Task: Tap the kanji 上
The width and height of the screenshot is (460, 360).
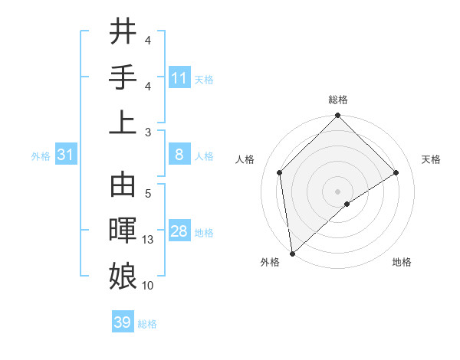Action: tap(123, 123)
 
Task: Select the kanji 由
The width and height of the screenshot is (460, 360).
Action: tap(123, 186)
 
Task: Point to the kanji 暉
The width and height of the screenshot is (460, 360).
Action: tap(123, 231)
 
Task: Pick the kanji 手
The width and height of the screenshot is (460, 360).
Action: tap(123, 77)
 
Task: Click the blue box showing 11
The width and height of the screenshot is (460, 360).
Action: tap(179, 78)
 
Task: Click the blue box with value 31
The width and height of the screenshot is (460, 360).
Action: tap(66, 155)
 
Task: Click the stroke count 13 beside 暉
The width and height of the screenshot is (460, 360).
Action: tap(148, 240)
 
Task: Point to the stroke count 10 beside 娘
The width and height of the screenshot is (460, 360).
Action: tap(148, 285)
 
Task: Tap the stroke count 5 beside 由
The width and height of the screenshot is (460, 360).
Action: tap(148, 194)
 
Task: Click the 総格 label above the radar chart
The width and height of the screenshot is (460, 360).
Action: tap(337, 100)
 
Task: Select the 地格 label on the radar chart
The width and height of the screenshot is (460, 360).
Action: tap(402, 262)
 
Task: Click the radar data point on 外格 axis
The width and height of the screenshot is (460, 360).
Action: tap(292, 254)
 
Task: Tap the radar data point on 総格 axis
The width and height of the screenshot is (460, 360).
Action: tap(337, 116)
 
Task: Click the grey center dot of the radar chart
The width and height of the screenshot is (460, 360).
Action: tap(337, 191)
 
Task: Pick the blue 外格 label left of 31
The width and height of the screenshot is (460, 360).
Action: tap(41, 156)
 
